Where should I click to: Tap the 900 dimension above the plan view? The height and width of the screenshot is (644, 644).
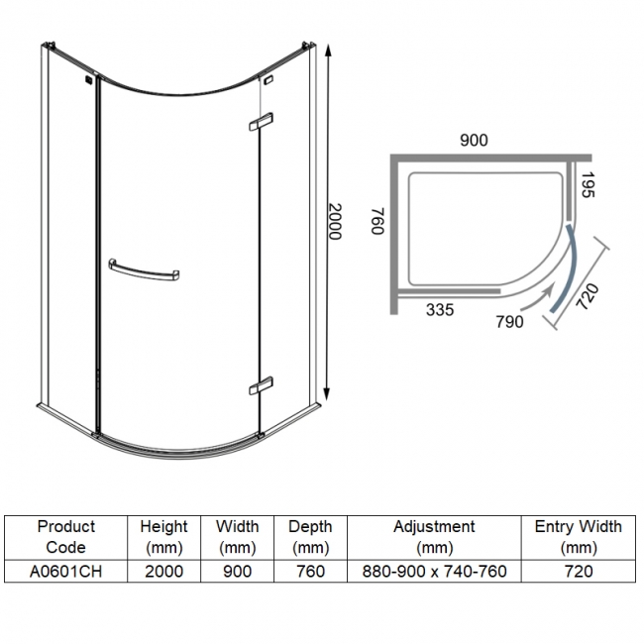(475, 140)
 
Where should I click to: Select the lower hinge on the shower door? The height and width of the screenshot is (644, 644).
(261, 384)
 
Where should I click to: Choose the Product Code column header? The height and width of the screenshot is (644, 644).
(66, 536)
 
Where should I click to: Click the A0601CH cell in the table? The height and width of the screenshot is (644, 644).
(66, 572)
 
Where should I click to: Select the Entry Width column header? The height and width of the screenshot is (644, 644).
(578, 536)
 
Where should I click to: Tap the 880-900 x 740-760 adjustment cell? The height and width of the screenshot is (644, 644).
(434, 572)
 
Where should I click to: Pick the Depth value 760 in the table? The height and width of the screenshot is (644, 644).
(310, 572)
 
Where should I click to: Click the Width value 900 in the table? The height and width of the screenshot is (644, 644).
(237, 572)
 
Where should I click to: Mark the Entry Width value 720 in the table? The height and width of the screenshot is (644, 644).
(578, 572)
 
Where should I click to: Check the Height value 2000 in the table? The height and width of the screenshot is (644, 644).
(163, 572)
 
